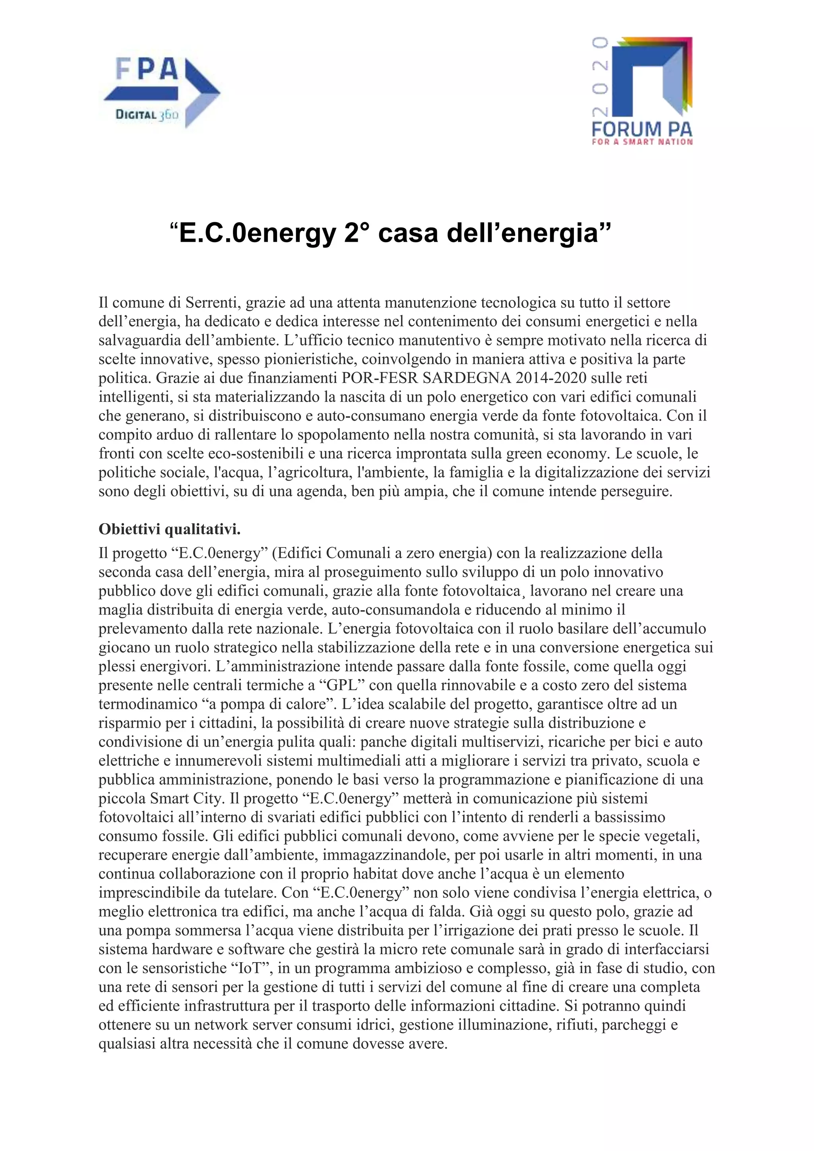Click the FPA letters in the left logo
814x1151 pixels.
147,69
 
